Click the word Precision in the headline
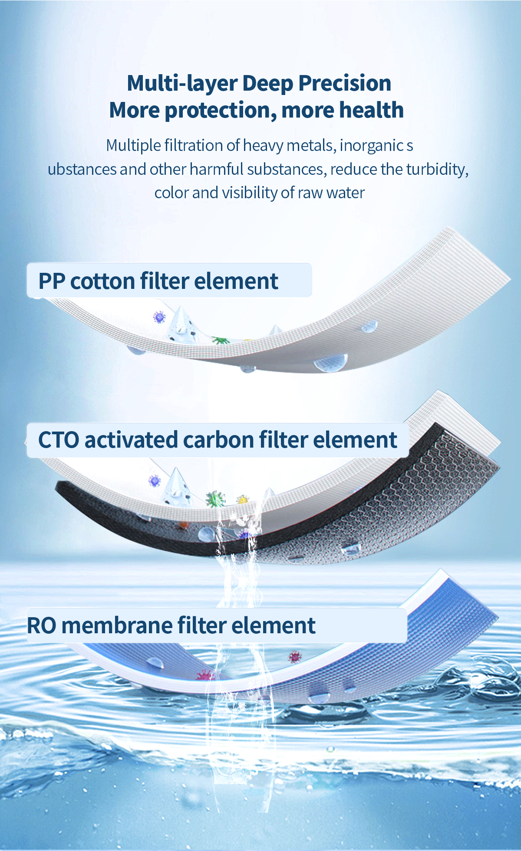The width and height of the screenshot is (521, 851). (345, 83)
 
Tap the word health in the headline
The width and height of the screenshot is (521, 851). (373, 110)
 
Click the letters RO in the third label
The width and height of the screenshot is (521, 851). (42, 625)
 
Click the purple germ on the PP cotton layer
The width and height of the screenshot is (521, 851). (159, 317)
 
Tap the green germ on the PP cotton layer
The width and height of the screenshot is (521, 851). (221, 340)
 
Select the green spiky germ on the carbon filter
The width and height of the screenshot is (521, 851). (215, 499)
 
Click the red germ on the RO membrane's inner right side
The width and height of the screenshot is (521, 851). (295, 657)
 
